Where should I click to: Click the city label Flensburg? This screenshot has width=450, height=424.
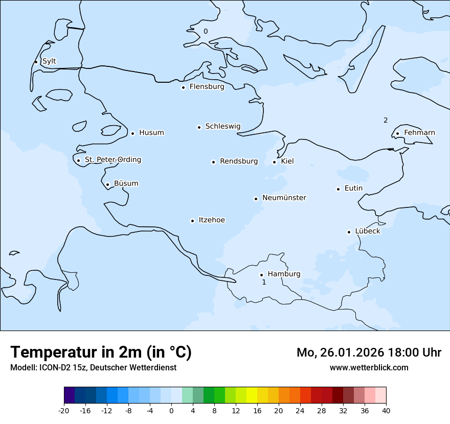point(207,87)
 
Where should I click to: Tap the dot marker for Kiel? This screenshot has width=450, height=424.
point(274,162)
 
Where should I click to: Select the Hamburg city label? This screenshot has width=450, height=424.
point(284,274)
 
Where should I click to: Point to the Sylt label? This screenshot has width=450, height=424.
point(49,61)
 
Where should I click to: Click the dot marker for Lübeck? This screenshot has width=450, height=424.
point(349,232)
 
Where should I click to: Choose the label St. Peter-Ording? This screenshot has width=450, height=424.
point(112,160)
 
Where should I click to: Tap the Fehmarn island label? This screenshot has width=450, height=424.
point(419,133)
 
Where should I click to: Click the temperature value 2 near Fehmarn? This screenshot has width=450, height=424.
point(386,121)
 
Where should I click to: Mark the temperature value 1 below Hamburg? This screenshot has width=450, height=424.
point(264,282)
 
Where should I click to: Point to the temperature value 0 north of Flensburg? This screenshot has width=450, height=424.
point(206,31)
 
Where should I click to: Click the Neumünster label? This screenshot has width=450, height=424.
point(284,198)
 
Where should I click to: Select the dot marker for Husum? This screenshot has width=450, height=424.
point(132,133)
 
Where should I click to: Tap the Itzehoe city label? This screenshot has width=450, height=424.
point(212,220)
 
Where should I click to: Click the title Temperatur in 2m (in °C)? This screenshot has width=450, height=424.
point(101,352)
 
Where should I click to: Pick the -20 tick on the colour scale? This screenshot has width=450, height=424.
point(64,411)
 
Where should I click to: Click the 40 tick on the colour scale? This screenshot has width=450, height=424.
point(386,411)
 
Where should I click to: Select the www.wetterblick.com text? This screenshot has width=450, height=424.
point(369,367)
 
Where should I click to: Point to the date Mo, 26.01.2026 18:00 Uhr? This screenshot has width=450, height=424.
point(369,352)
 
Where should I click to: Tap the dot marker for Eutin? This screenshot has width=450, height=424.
point(338,189)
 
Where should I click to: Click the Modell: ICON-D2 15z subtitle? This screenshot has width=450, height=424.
point(93,367)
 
